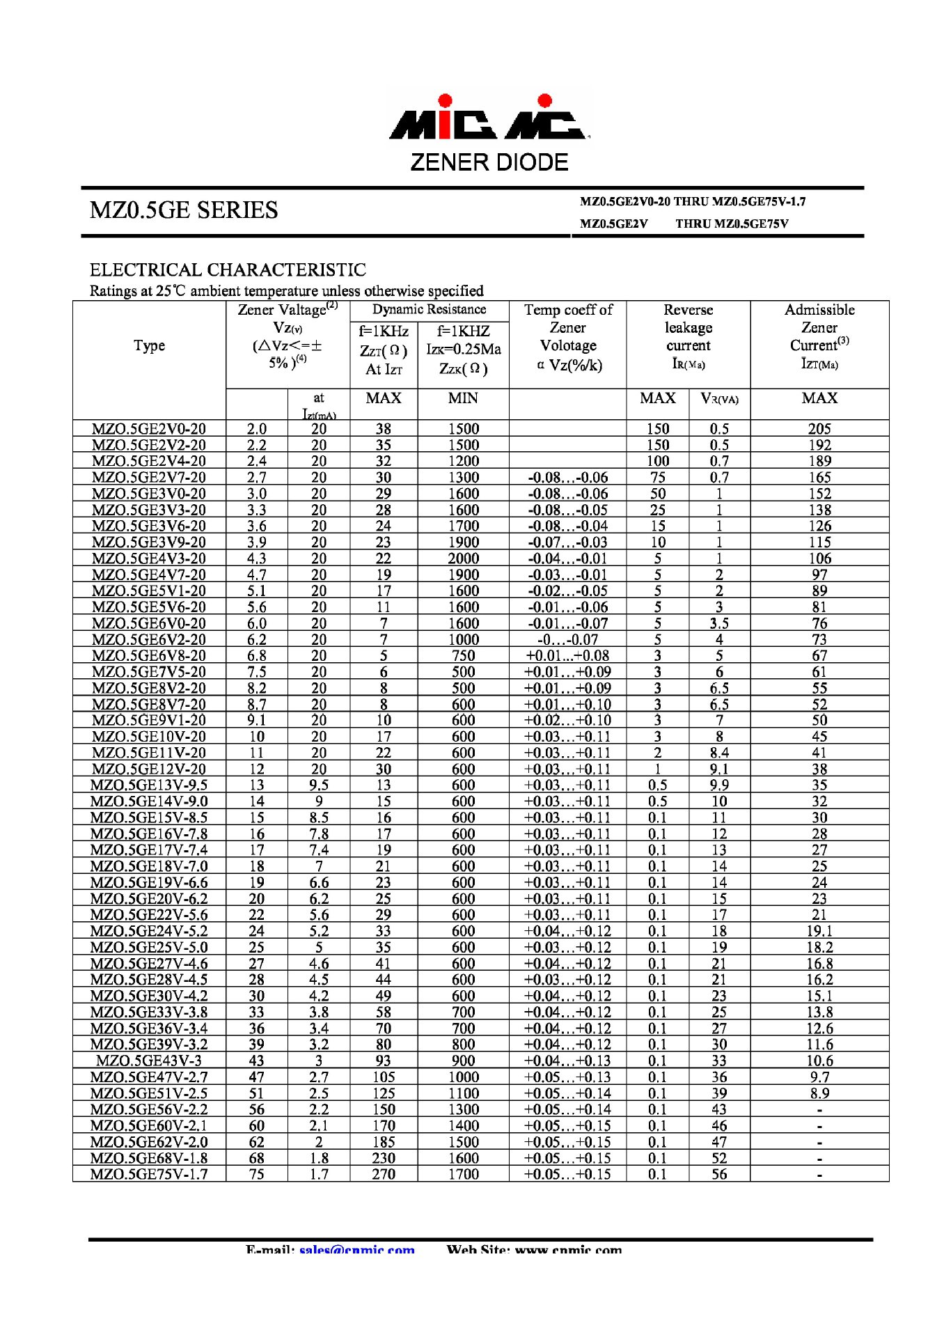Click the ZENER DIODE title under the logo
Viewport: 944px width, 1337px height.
[x=489, y=163]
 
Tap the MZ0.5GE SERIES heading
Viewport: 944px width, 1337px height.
[x=184, y=210]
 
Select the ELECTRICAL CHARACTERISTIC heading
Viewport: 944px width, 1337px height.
[x=228, y=270]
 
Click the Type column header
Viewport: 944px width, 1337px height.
[x=149, y=345]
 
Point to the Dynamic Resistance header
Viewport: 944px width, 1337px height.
[x=429, y=310]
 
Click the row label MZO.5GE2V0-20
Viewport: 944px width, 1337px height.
[x=149, y=429]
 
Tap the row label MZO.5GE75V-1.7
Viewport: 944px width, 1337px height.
[x=149, y=1174]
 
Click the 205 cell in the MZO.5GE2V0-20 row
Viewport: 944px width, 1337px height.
[x=819, y=429]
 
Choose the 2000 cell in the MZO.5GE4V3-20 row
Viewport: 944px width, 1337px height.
[x=463, y=558]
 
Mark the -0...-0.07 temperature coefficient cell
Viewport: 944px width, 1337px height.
[x=567, y=639]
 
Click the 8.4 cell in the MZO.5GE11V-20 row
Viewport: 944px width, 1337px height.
[x=719, y=753]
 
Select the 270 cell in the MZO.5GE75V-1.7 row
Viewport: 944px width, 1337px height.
[x=384, y=1174]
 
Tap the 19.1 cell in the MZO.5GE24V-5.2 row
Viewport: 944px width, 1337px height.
[x=819, y=931]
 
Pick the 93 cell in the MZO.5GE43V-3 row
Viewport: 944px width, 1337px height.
[x=384, y=1061]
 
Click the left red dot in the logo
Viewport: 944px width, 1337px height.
[x=446, y=101]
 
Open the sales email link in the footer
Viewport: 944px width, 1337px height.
[x=357, y=1250]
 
